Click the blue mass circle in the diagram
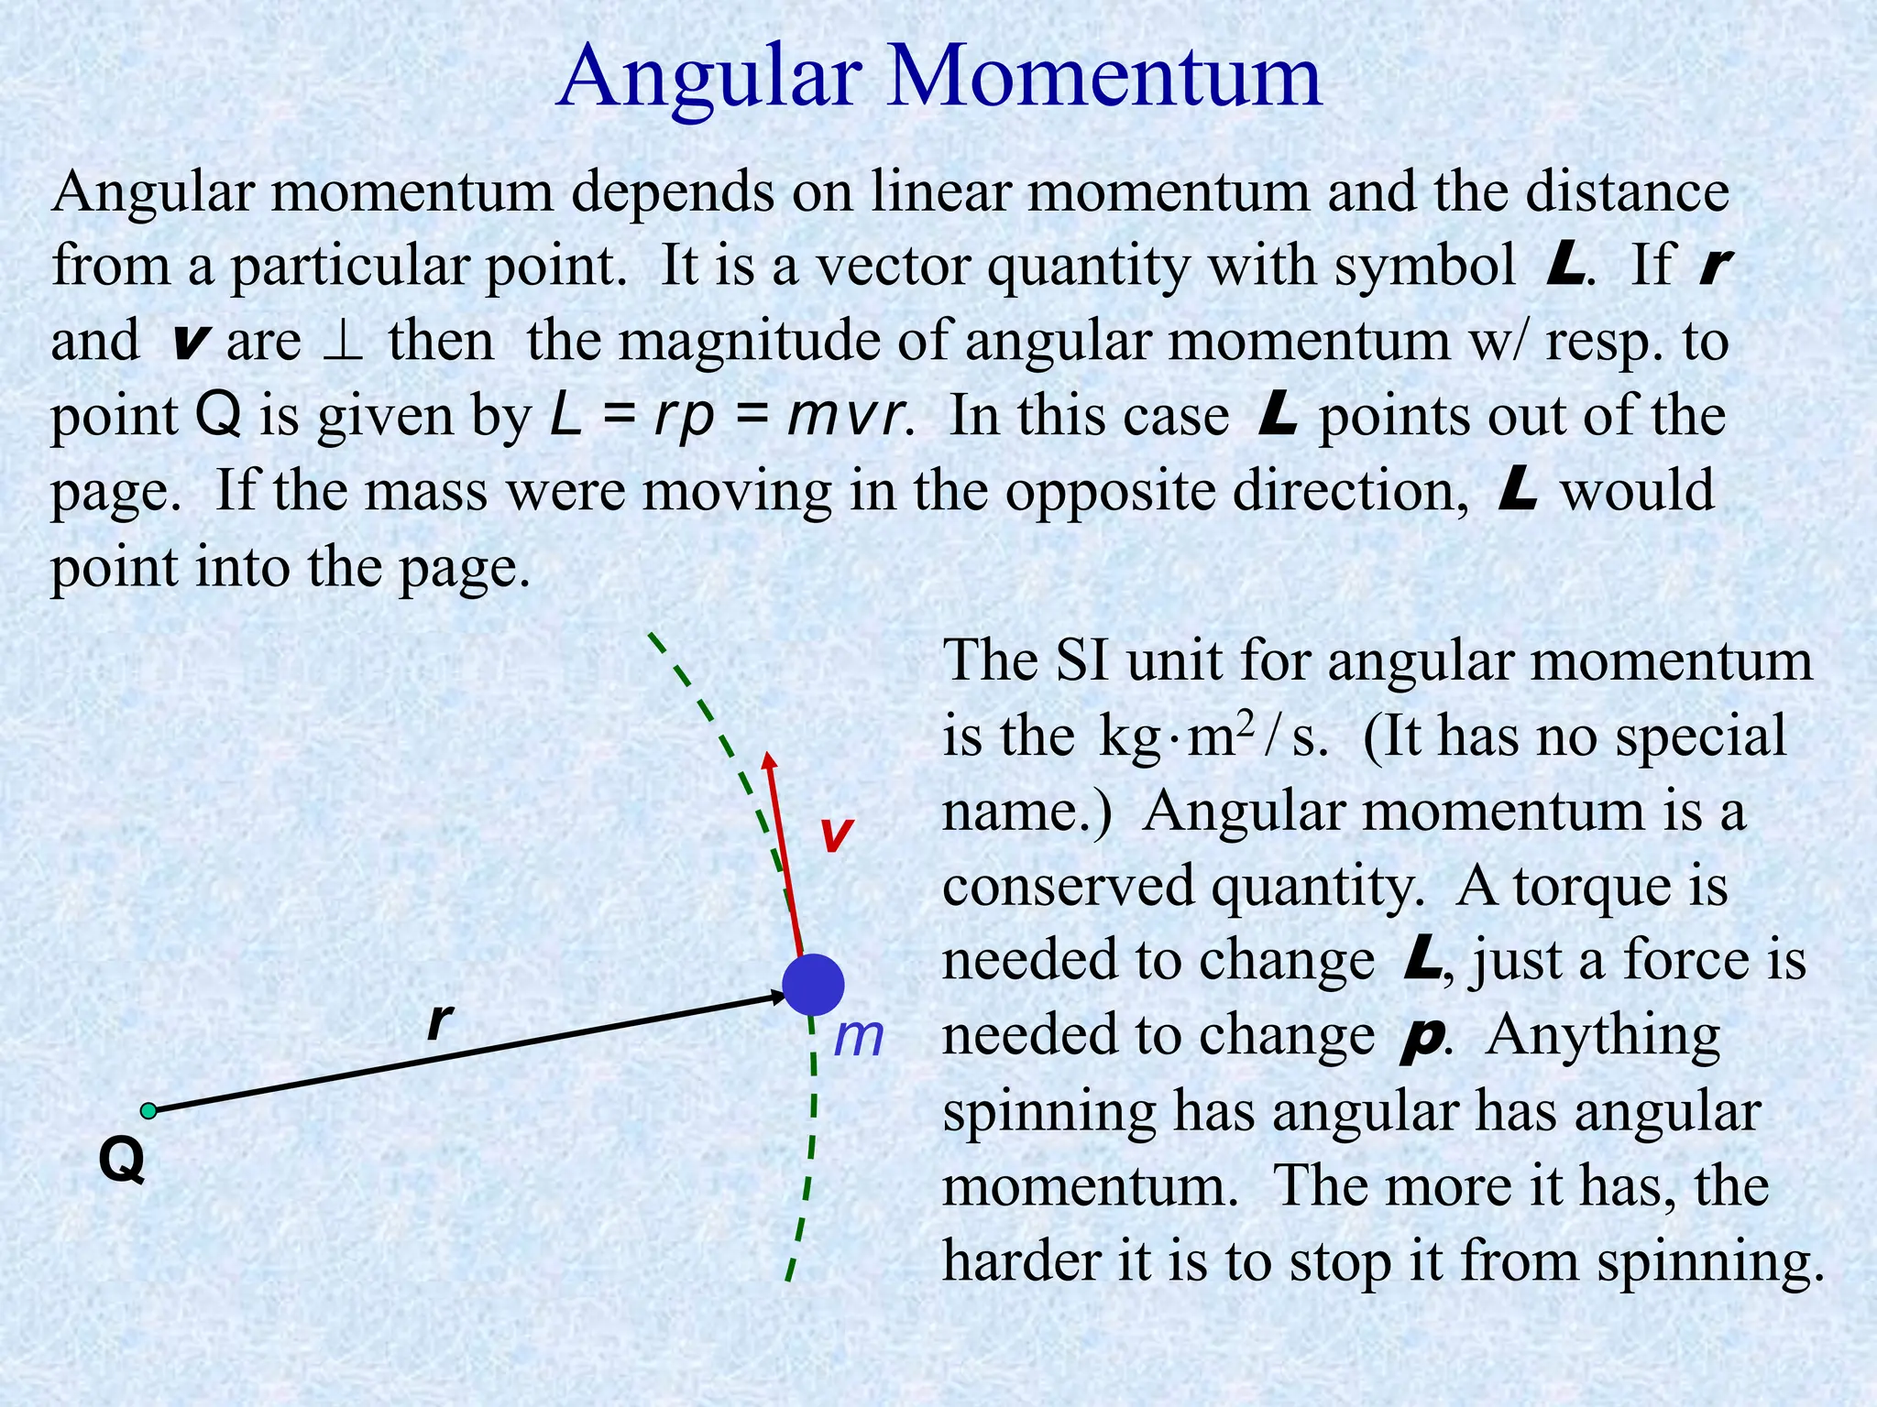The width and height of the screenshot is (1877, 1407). [813, 985]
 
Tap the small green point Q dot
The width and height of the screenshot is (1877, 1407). [148, 1111]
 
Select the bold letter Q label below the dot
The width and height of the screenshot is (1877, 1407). [122, 1162]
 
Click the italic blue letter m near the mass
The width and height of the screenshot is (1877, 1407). [858, 1038]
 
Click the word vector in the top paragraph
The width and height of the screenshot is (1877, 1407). [895, 267]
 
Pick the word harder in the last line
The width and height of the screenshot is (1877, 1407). [1024, 1260]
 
